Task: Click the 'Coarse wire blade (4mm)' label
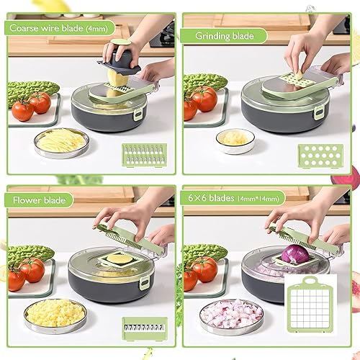point(59,28)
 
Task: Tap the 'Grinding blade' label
point(225,36)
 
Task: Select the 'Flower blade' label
point(39,200)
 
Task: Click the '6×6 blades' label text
point(211,198)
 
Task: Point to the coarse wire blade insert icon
point(145,155)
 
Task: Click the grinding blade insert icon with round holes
point(320,156)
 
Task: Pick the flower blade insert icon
point(145,328)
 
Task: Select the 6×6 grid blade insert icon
point(310,305)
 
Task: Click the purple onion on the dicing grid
point(295,253)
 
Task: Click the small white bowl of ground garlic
point(235,141)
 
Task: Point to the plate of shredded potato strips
point(61,143)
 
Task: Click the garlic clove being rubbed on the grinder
point(298,75)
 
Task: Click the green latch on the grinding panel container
point(319,114)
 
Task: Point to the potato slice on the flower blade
point(120,258)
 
